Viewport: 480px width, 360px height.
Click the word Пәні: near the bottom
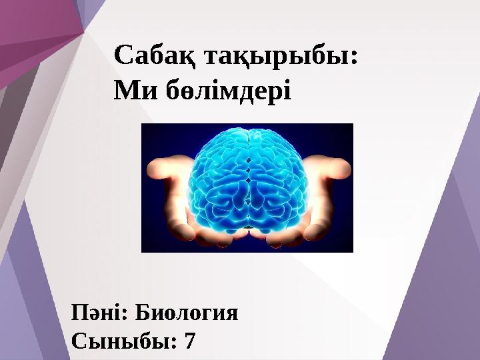point(99,312)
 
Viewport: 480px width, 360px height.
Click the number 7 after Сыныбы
point(190,341)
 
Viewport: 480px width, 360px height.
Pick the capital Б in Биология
point(145,312)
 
